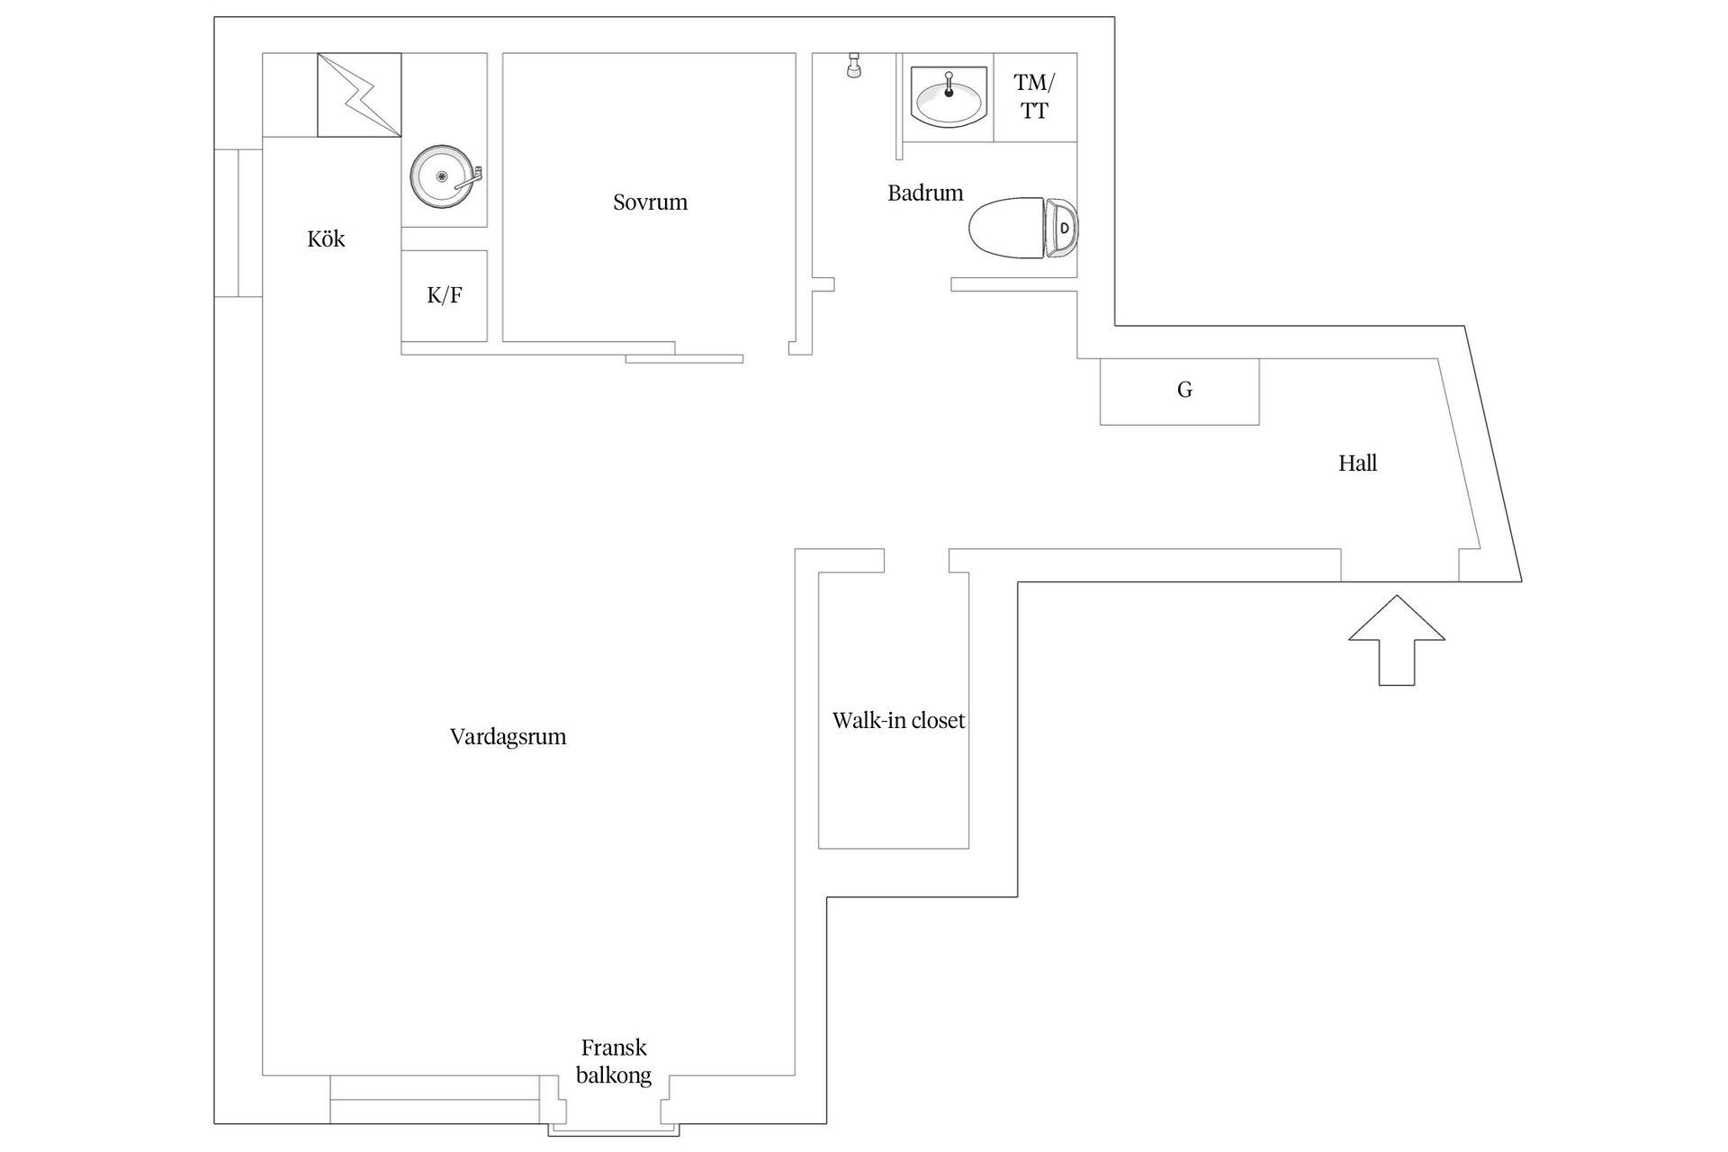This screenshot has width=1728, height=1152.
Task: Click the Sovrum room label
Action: tap(650, 202)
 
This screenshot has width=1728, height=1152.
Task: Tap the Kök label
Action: tap(326, 239)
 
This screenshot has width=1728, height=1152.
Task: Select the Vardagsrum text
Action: tap(508, 737)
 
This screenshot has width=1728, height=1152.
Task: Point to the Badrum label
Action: tap(925, 193)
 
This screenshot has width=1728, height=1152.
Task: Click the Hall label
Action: tap(1357, 463)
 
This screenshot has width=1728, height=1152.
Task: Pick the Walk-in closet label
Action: tap(898, 721)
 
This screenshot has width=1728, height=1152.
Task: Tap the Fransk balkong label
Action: tap(614, 1061)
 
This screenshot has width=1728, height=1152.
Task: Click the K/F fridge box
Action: tap(445, 296)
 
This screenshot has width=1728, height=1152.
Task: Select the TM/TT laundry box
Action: tap(1035, 97)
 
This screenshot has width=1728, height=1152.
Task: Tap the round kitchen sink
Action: tap(442, 177)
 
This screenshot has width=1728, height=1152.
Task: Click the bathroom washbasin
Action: tap(948, 94)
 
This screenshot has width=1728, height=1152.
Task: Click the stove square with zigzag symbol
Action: tap(359, 95)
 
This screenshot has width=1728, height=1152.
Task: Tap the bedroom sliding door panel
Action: tap(684, 359)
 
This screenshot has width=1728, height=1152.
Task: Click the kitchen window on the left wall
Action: tap(238, 222)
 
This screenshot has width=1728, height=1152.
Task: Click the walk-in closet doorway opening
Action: tap(916, 560)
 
